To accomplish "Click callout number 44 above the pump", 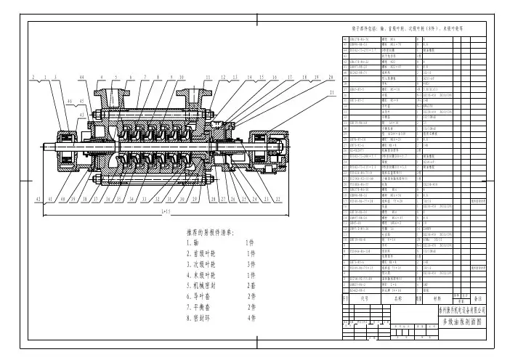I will pyautogui.click(x=81, y=76).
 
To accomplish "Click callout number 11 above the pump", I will pyautogui.click(x=207, y=76).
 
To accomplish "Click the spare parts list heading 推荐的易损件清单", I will pyautogui.click(x=215, y=232).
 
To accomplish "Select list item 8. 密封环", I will pyautogui.click(x=200, y=317).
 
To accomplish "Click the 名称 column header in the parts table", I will pyautogui.click(x=398, y=298).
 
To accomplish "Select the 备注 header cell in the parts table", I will pyautogui.click(x=477, y=298).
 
